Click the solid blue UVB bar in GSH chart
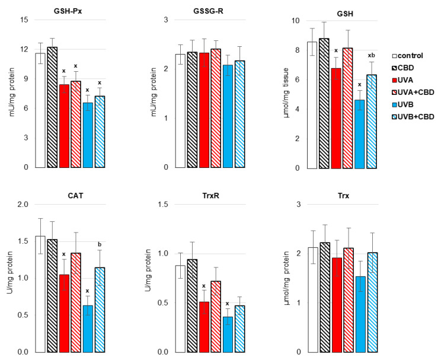click(x=360, y=133)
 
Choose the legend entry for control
click(x=413, y=55)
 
